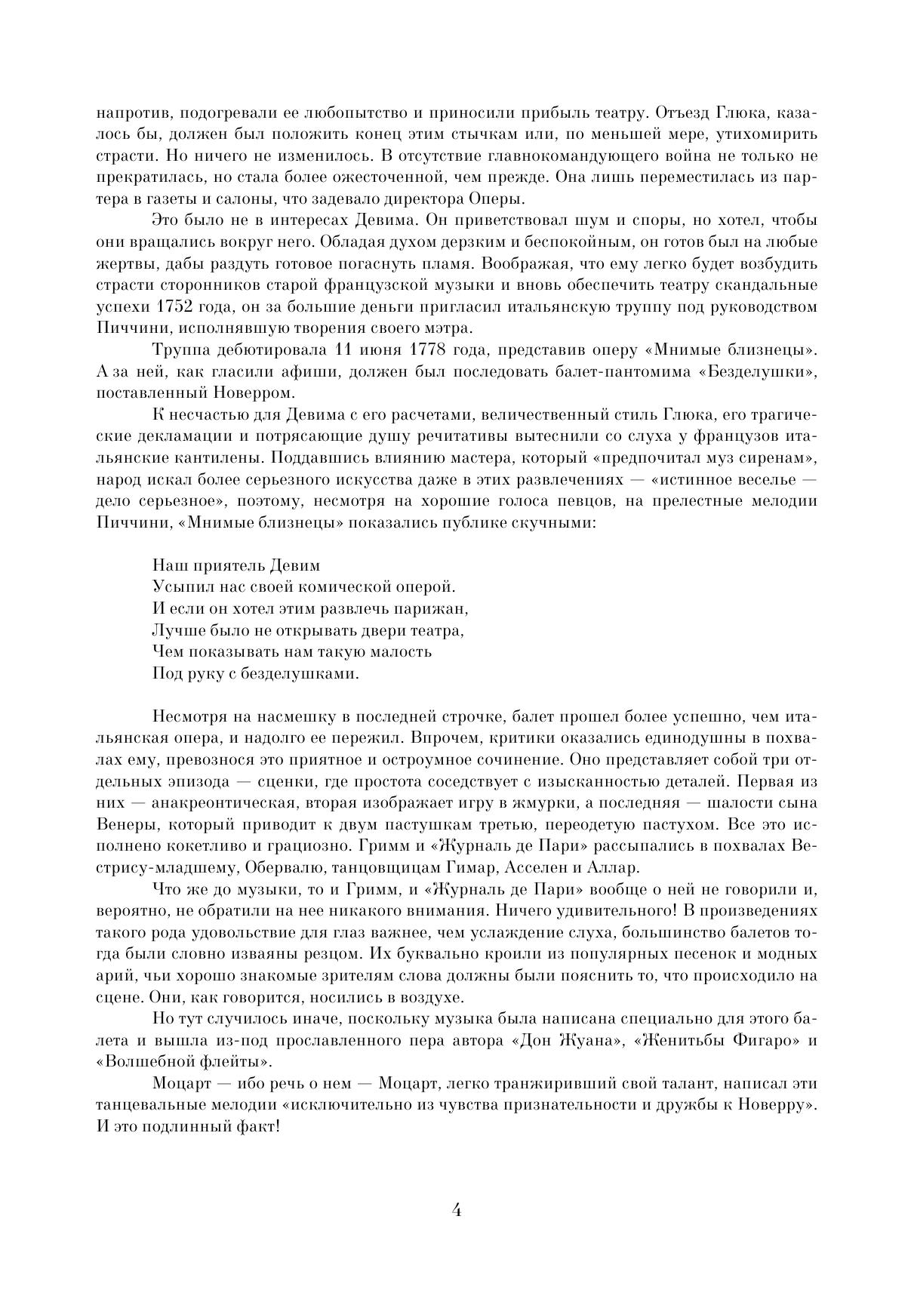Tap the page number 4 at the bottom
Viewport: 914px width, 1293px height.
click(x=456, y=1210)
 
